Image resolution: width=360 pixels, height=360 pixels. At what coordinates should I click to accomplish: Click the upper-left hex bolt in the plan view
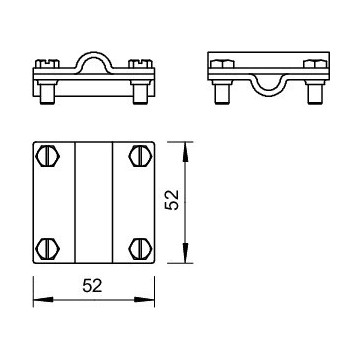(x=48, y=156)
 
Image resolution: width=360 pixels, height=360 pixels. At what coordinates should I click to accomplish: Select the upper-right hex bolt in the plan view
(x=141, y=156)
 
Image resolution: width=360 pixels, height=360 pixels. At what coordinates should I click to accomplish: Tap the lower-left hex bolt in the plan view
(x=48, y=249)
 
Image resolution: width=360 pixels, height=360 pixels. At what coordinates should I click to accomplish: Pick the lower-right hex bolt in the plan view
(x=141, y=249)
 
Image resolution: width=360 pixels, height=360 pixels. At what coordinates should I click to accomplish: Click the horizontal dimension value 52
(x=92, y=286)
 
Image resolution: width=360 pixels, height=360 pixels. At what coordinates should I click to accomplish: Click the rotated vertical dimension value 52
(x=172, y=200)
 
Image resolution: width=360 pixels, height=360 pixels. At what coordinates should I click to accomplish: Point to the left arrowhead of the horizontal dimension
(x=43, y=300)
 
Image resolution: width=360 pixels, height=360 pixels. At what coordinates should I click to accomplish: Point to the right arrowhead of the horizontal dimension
(x=144, y=300)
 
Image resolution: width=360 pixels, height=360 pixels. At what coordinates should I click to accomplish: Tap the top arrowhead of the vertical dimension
(x=186, y=152)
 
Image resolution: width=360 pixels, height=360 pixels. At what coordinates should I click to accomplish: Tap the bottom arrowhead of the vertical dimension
(x=186, y=253)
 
